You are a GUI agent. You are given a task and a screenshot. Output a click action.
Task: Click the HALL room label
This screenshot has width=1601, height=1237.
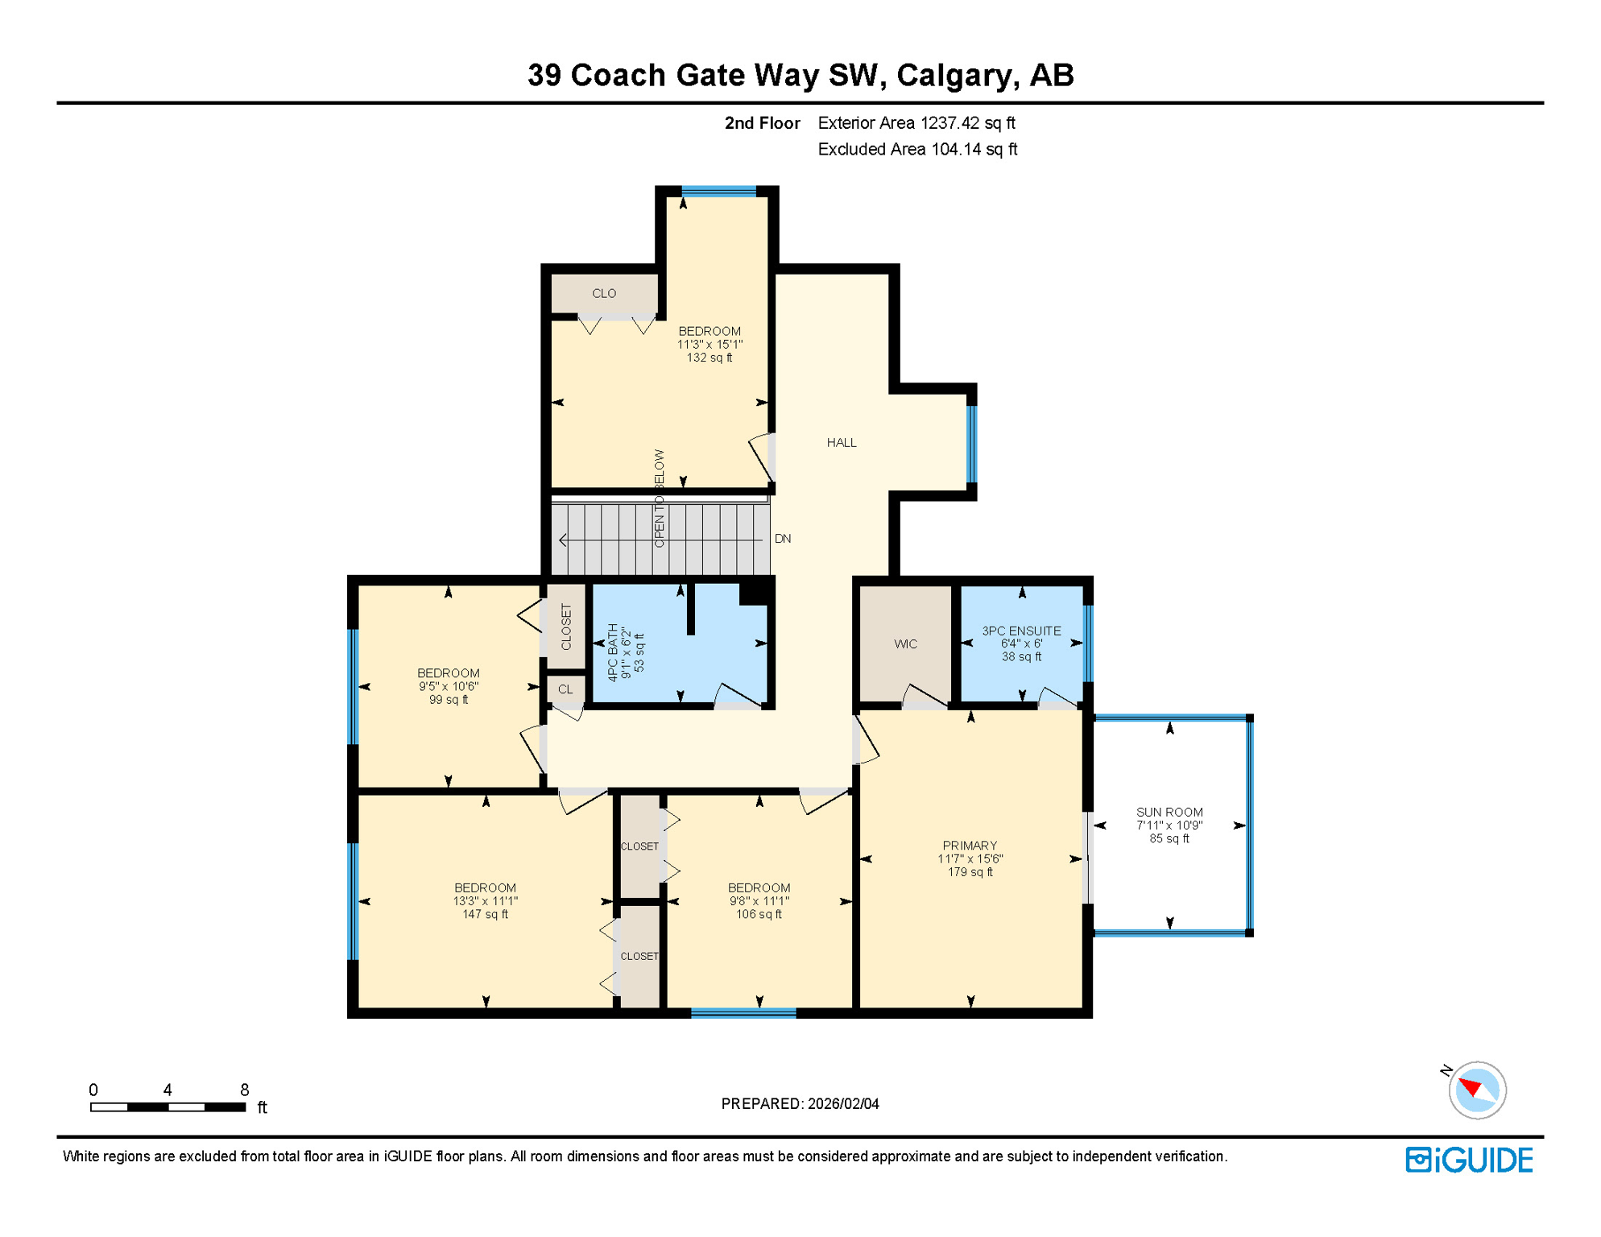[842, 442]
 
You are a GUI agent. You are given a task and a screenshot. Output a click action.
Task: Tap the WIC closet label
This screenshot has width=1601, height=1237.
[905, 643]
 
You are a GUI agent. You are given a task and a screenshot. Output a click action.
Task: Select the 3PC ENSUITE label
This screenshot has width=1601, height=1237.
[1021, 631]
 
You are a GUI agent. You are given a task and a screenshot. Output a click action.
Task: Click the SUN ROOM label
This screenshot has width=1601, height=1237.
[1169, 812]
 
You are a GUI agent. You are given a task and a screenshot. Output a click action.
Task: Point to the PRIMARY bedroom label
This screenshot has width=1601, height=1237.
[970, 845]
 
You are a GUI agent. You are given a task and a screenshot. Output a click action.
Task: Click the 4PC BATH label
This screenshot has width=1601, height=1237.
[613, 652]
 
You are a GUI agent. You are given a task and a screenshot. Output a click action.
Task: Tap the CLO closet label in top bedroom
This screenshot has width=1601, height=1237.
[604, 293]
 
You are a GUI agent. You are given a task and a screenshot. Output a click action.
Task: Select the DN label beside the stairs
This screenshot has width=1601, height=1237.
[782, 538]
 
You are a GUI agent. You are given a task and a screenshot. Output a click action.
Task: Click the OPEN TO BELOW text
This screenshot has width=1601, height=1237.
[660, 499]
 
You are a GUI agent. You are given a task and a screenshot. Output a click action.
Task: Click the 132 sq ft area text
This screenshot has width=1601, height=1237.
[709, 358]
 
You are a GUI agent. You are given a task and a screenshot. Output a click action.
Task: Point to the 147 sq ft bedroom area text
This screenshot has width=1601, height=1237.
[485, 914]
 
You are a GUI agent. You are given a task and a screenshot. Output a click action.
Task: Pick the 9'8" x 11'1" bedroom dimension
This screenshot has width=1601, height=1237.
[759, 900]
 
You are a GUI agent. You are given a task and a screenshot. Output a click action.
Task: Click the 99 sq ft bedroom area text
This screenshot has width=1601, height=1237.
[448, 699]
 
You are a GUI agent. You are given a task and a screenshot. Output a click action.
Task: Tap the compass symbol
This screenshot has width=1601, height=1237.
[1477, 1090]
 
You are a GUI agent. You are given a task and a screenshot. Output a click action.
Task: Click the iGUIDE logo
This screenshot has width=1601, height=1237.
[1469, 1160]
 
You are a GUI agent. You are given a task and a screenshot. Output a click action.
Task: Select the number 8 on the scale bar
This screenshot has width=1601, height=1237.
[244, 1090]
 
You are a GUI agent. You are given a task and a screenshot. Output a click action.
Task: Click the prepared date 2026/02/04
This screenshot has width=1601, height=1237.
[843, 1103]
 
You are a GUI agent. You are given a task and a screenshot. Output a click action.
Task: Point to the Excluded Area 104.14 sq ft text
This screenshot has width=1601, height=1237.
[917, 149]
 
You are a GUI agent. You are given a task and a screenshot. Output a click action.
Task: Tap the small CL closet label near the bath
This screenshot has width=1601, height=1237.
[565, 689]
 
